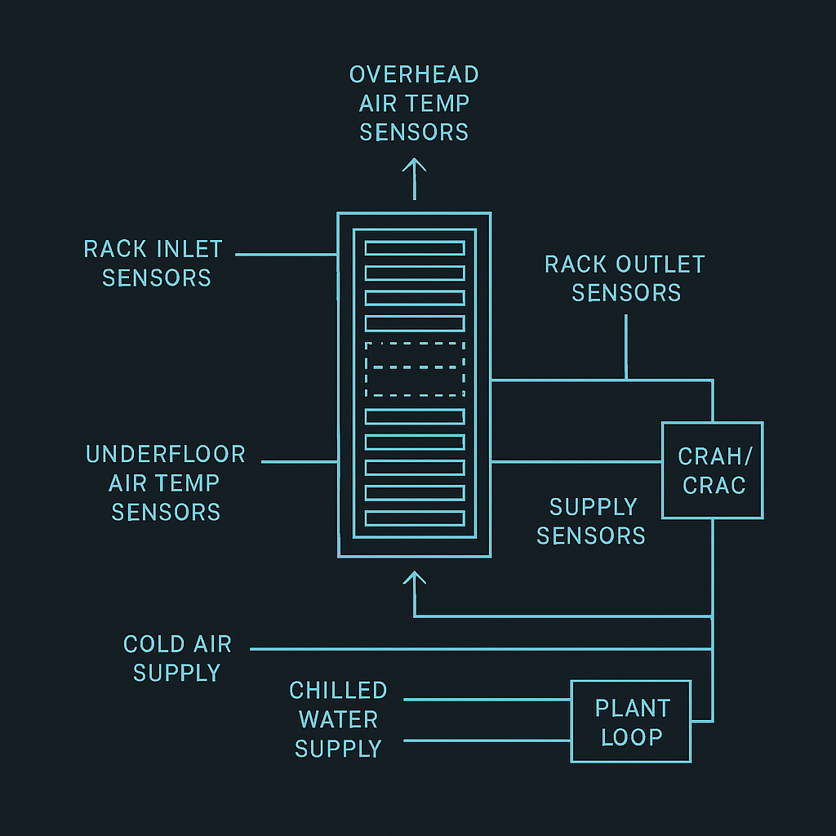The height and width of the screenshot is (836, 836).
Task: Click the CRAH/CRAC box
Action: click(x=712, y=470)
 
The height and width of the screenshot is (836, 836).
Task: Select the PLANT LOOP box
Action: click(x=631, y=722)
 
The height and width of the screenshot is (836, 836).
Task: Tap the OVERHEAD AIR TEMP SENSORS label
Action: click(x=414, y=103)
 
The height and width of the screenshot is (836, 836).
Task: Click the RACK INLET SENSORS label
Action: click(x=153, y=263)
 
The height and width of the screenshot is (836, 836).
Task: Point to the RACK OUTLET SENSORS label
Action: click(x=625, y=278)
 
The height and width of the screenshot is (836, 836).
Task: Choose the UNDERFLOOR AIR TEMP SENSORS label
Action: click(x=166, y=482)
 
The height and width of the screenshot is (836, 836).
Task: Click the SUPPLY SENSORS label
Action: click(x=592, y=521)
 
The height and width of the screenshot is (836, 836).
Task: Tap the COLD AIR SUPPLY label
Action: click(x=177, y=658)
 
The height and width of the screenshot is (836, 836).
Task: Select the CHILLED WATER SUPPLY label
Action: click(x=338, y=719)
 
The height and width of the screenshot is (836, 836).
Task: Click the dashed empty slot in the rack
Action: click(x=415, y=369)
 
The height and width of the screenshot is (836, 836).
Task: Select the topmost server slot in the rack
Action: click(x=415, y=248)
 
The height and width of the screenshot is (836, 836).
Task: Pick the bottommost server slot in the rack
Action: click(x=415, y=518)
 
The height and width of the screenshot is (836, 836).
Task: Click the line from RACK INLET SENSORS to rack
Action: click(x=286, y=255)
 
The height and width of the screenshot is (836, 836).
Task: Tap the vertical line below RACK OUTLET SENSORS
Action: click(x=626, y=347)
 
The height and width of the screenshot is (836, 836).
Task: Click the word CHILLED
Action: click(x=338, y=691)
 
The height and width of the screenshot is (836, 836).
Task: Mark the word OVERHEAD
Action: click(x=414, y=74)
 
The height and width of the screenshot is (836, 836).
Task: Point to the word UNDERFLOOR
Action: click(x=166, y=454)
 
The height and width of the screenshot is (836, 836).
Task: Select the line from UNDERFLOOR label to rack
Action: click(x=299, y=462)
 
